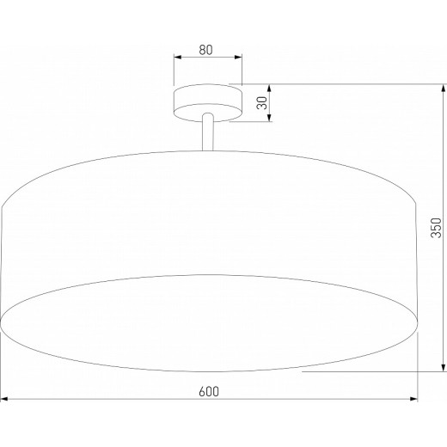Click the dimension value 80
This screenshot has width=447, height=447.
pyautogui.click(x=206, y=49)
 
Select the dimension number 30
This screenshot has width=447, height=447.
pyautogui.click(x=261, y=104)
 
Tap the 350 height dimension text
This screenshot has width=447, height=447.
pyautogui.click(x=436, y=227)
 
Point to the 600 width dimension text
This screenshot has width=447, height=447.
pyautogui.click(x=207, y=391)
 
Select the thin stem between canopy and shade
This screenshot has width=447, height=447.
pyautogui.click(x=207, y=133)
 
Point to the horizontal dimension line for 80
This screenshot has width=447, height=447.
pyautogui.click(x=207, y=58)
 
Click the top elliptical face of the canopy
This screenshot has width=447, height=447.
pyautogui.click(x=207, y=91)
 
